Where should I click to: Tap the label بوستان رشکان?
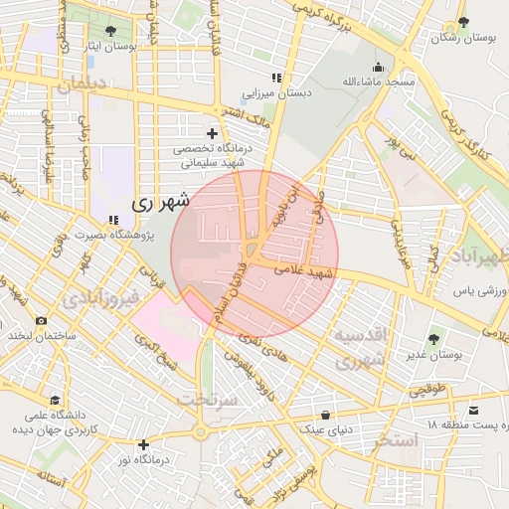tap(464, 37)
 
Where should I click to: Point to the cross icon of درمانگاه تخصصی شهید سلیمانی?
tap(211, 133)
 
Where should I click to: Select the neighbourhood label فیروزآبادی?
tap(96, 298)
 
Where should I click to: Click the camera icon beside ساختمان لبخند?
tap(41, 320)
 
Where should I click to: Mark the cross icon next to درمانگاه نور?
tap(144, 444)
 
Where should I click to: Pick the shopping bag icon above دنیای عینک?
tap(325, 415)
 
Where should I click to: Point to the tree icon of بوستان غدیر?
tap(432, 339)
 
